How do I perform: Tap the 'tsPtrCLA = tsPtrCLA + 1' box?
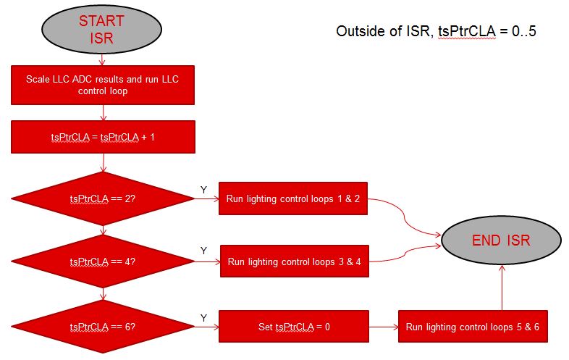click(103, 137)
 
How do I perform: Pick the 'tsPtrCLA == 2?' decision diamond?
click(103, 198)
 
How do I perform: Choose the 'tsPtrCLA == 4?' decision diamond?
click(103, 261)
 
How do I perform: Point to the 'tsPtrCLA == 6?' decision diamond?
click(103, 326)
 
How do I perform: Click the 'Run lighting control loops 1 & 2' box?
click(293, 198)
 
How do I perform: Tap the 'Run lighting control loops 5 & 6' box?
click(473, 326)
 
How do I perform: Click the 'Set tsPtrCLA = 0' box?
click(292, 326)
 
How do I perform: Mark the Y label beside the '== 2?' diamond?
click(203, 189)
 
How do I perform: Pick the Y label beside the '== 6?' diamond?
click(203, 317)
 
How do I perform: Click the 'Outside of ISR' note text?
click(436, 32)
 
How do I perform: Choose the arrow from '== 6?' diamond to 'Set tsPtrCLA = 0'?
click(206, 327)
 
